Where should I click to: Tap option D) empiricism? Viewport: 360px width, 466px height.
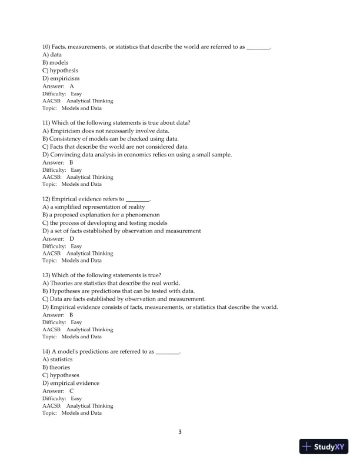pyautogui.click(x=61, y=78)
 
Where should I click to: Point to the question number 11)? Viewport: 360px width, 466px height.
pyautogui.click(x=46, y=122)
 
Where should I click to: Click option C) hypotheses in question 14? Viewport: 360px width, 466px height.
pyautogui.click(x=61, y=375)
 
